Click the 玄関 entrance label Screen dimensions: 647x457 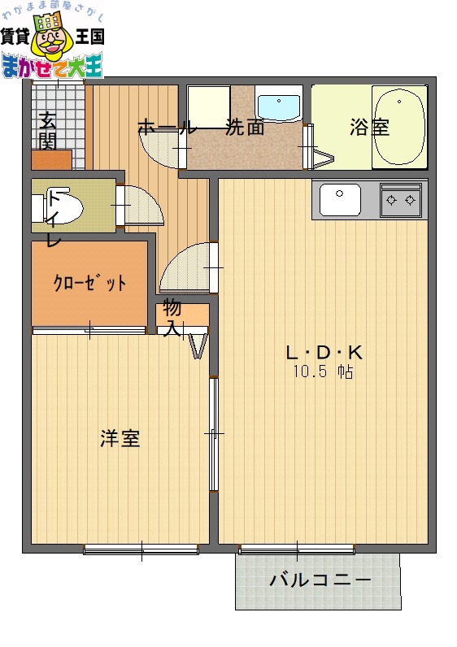(47, 132)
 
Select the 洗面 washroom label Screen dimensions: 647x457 (246, 127)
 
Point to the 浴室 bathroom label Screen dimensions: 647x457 (369, 128)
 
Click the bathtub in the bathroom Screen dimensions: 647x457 (399, 127)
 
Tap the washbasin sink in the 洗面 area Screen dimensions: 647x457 (279, 106)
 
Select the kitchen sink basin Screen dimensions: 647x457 (341, 199)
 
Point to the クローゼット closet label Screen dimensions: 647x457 (89, 283)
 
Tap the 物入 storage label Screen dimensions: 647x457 (172, 317)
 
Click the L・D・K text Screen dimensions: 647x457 (323, 353)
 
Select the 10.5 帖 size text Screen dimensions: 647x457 (323, 372)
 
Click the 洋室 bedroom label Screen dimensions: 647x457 (120, 439)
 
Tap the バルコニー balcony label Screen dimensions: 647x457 (320, 580)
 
